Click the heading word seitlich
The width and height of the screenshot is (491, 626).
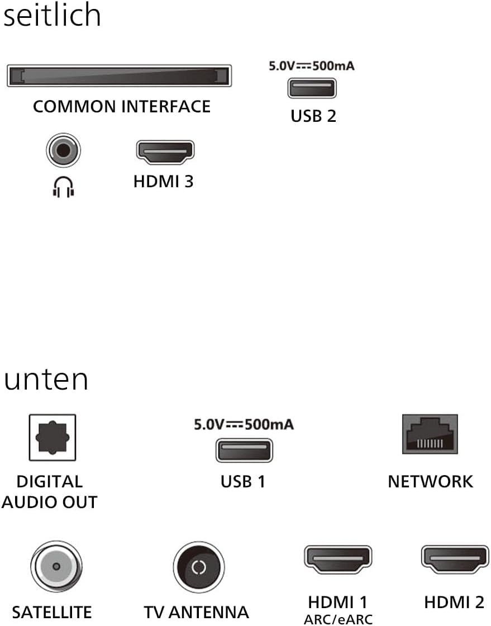click(52, 16)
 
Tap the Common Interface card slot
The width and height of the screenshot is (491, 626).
click(119, 75)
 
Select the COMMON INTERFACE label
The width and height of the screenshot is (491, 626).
click(122, 106)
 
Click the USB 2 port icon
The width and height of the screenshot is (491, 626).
click(312, 88)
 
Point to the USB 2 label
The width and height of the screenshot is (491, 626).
click(313, 116)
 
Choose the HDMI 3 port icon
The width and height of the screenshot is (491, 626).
click(165, 153)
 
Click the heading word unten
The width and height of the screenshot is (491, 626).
click(46, 380)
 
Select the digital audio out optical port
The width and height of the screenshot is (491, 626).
click(53, 438)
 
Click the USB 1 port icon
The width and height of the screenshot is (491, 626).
click(244, 450)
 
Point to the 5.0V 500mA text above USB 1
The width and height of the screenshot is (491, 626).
click(244, 425)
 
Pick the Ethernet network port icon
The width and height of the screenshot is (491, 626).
click(430, 434)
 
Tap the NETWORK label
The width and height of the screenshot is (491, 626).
click(430, 481)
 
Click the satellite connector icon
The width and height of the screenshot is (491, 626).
click(56, 566)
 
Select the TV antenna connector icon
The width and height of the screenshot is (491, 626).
click(198, 567)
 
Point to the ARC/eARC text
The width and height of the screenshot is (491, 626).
click(338, 619)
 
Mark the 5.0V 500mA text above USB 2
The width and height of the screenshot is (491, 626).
click(312, 66)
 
